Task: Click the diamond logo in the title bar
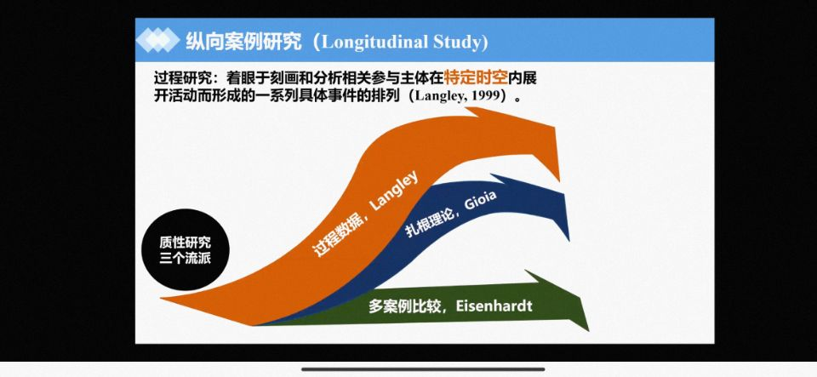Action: (x=157, y=40)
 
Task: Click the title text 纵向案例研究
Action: (x=244, y=41)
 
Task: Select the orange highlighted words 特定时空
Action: (x=476, y=78)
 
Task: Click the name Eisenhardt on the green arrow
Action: (x=494, y=306)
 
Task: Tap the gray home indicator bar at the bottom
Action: (x=423, y=369)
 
